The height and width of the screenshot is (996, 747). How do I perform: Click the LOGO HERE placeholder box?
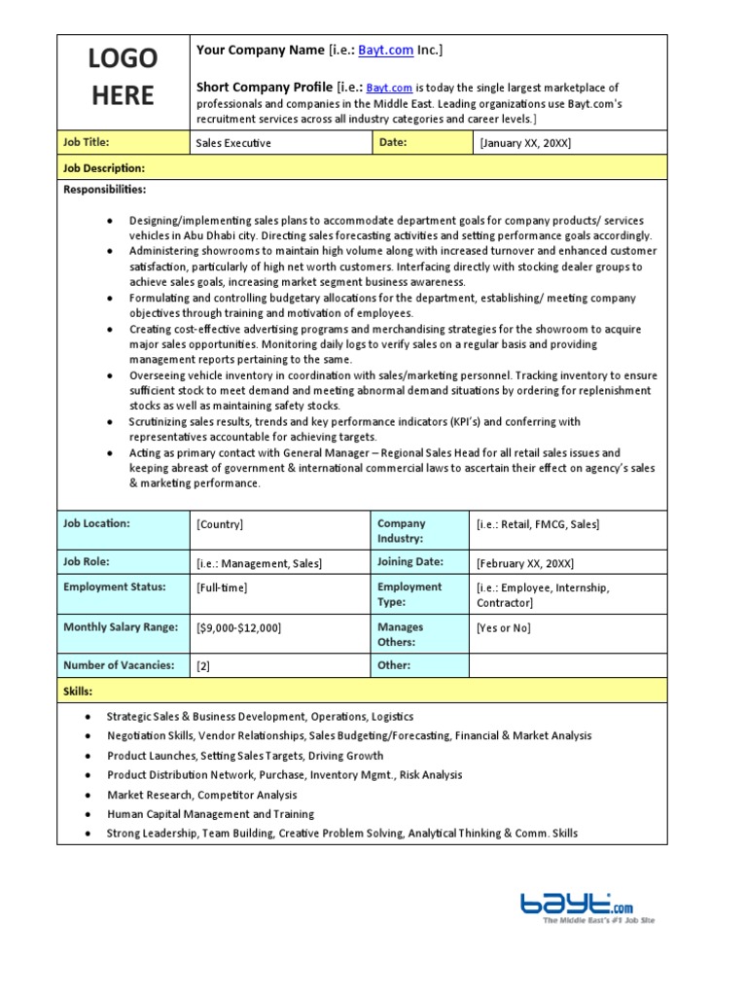[x=122, y=78]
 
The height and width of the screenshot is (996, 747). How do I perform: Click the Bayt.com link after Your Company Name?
[x=386, y=51]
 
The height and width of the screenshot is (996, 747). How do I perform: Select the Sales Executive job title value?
[x=233, y=143]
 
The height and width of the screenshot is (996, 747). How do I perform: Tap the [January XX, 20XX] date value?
[x=525, y=143]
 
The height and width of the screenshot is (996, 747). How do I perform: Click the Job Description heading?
[x=104, y=168]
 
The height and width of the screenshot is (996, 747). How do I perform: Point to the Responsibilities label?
[x=105, y=190]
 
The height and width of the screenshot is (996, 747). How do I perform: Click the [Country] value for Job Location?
[x=220, y=524]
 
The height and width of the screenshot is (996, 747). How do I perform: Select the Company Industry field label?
[x=401, y=531]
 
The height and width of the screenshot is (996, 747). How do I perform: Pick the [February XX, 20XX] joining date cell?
[x=525, y=563]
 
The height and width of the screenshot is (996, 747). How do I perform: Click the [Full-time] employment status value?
[x=222, y=587]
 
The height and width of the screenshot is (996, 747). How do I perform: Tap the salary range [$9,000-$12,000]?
[x=238, y=628]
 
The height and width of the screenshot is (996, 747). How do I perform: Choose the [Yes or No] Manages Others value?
[x=504, y=628]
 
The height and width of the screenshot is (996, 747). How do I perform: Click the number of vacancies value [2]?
[x=203, y=666]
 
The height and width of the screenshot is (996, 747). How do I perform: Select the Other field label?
[x=394, y=665]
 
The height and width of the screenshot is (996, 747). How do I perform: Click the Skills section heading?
[x=78, y=691]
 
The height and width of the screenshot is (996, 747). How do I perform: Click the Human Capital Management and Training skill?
[x=210, y=814]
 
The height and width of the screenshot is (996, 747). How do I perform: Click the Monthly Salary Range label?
[x=121, y=627]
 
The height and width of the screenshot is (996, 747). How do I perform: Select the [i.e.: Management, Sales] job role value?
[x=259, y=563]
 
